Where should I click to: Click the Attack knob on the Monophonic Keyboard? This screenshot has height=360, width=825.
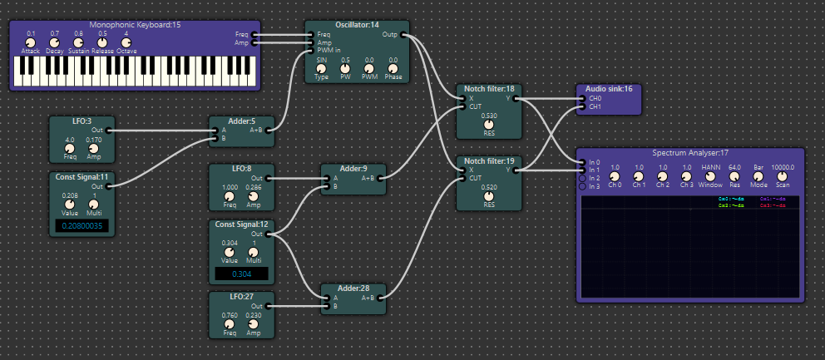pos(31,42)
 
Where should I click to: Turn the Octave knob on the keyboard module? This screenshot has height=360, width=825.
pos(126,42)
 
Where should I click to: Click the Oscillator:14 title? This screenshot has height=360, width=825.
pos(357,26)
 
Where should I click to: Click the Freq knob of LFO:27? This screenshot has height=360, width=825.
pos(229,323)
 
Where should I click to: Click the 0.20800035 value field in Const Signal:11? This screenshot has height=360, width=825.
pos(82,225)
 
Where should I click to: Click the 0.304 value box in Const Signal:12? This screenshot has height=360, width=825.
pos(241,274)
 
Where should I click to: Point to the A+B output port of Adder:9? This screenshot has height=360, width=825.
pos(383,177)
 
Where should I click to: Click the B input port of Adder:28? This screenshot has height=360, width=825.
pos(325,306)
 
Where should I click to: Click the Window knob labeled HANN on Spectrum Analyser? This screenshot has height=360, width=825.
pos(710,175)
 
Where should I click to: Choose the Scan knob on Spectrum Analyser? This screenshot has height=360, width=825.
pos(782,175)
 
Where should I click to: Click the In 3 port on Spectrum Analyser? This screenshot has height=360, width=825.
pos(581,186)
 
